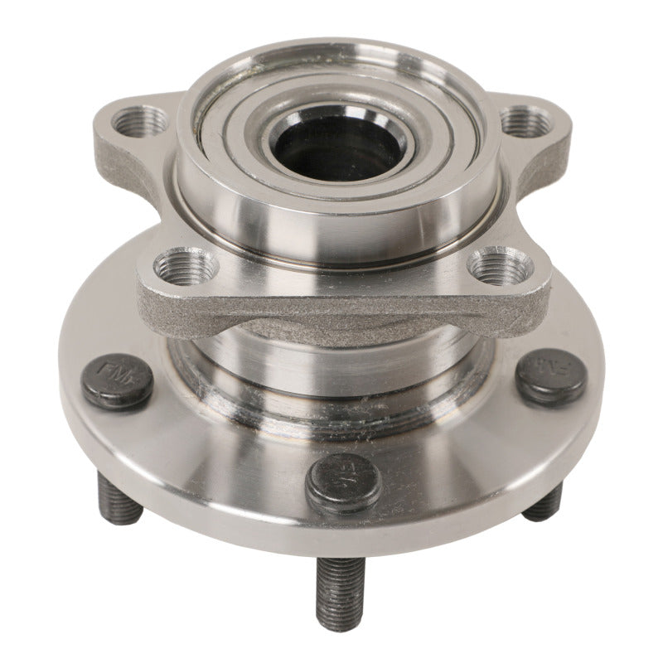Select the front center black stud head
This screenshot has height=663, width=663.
click(x=342, y=484)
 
